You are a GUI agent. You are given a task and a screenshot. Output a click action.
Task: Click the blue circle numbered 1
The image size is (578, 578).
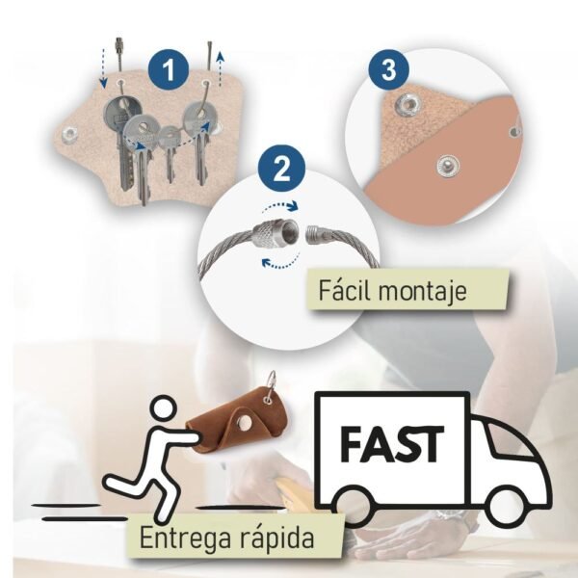[169, 69]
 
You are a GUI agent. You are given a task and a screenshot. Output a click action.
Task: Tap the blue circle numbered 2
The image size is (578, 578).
[281, 168]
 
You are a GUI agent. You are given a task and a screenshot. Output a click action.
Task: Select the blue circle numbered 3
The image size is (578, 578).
[389, 69]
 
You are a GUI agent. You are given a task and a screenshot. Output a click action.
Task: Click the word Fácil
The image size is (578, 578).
[346, 291]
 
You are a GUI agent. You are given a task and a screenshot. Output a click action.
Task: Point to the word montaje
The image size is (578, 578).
[423, 292]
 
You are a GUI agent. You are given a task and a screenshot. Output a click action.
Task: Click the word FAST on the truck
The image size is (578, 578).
[392, 444]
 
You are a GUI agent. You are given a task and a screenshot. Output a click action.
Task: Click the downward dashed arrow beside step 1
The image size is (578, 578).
[103, 68]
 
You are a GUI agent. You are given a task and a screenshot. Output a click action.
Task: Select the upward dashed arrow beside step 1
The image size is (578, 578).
[220, 69]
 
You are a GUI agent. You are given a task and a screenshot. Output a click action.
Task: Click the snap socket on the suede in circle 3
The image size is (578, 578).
[406, 104]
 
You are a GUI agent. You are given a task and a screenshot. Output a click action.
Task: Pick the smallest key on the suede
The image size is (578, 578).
[170, 153]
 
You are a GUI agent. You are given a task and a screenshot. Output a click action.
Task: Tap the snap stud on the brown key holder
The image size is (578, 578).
[244, 423]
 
